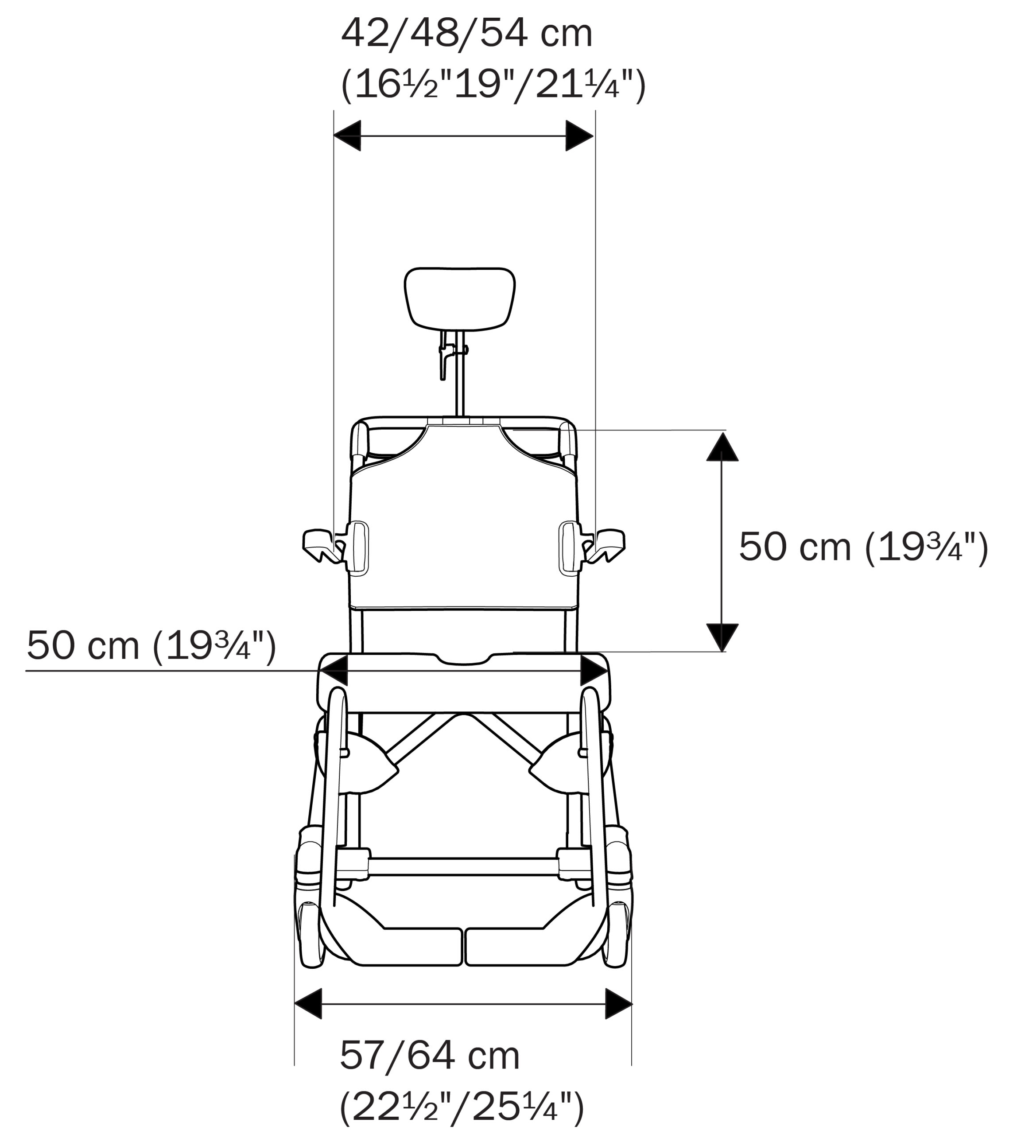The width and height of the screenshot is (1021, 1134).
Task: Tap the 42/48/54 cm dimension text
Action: (x=467, y=34)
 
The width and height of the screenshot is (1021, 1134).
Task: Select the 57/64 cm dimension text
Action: (x=430, y=1056)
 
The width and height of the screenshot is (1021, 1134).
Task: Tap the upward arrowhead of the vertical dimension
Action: (x=722, y=447)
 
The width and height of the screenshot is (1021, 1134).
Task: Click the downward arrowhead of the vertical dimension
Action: (x=722, y=637)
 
